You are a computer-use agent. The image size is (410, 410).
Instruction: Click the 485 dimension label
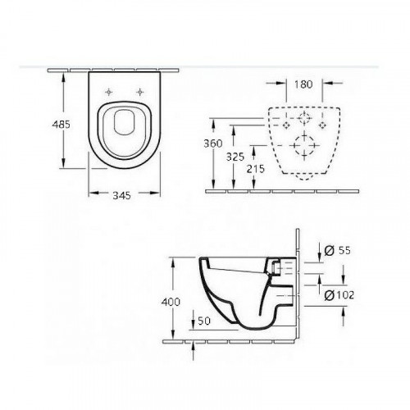click(x=61, y=125)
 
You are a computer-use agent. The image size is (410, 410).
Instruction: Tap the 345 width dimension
click(x=122, y=195)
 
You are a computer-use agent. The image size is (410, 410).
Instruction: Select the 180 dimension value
click(x=303, y=84)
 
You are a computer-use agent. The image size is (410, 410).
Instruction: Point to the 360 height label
click(x=213, y=143)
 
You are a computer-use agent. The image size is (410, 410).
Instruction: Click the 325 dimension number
click(x=235, y=157)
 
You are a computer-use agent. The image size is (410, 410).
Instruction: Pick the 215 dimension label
click(x=256, y=169)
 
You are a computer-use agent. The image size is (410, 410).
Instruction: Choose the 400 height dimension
click(x=171, y=302)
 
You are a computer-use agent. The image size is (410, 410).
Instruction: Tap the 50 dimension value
click(x=204, y=321)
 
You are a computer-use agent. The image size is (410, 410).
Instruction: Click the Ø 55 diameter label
click(x=337, y=250)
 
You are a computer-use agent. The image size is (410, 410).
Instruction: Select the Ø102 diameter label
click(x=339, y=295)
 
